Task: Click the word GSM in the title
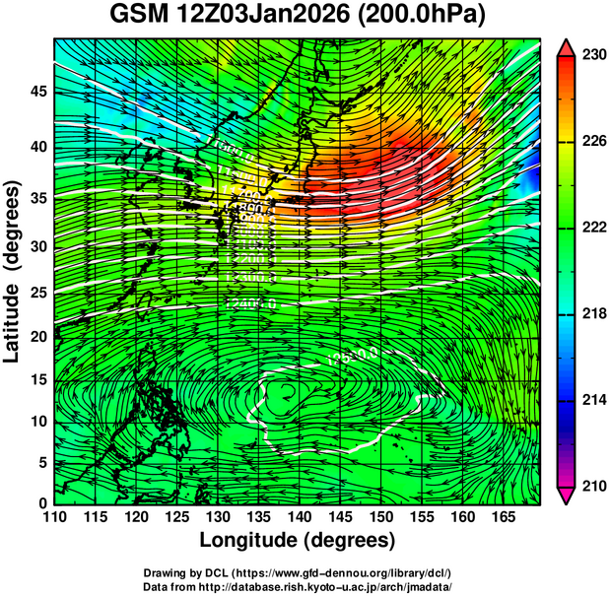[139, 17]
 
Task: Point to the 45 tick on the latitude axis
[36, 92]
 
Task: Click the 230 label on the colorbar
[592, 56]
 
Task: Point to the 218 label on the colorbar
[592, 314]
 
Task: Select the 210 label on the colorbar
[592, 486]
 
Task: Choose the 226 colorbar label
[592, 142]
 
